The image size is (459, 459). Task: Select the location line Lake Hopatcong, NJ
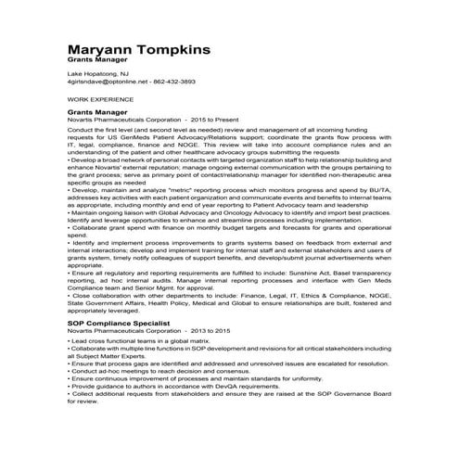[98, 72]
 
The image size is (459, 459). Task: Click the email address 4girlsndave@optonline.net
[108, 82]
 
